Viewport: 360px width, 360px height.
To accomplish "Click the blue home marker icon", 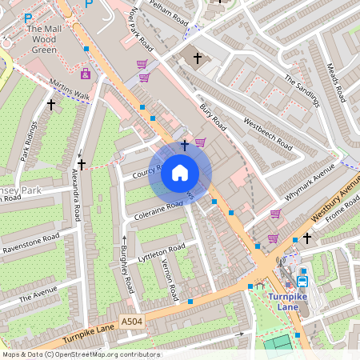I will (180, 173).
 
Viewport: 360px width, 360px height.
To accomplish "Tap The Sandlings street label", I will (302, 91).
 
